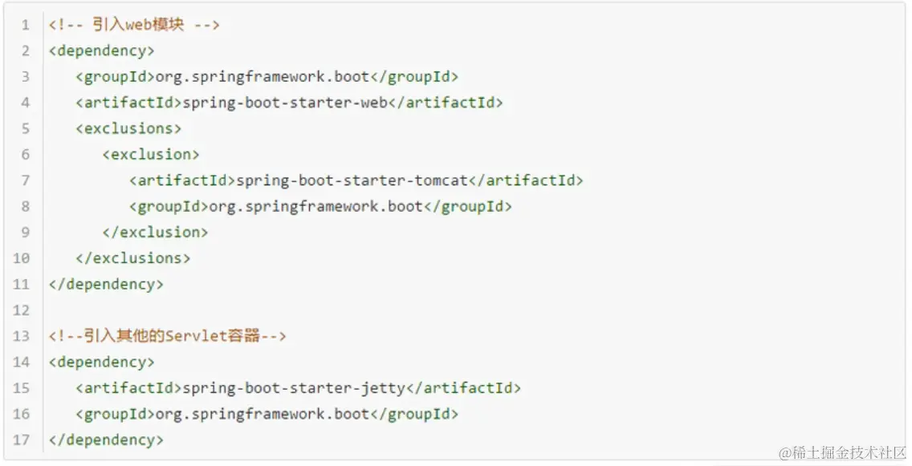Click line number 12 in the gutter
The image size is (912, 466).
coord(22,310)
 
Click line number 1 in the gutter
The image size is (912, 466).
coord(26,25)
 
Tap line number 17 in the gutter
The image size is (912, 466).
coord(22,440)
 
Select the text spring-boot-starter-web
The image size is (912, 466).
coord(285,103)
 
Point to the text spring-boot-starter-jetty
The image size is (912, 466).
coord(294,388)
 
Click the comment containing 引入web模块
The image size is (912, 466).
coord(134,25)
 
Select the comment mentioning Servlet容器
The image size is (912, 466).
coord(167,336)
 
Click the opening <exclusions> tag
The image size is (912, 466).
coord(128,128)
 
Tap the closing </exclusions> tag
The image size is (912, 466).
coord(133,258)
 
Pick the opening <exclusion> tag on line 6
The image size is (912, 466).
coord(151,154)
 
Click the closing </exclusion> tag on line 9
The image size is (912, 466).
coord(155,233)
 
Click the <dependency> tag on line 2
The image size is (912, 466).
coord(101,51)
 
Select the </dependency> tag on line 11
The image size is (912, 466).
coord(106,284)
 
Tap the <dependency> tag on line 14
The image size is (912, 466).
coord(101,362)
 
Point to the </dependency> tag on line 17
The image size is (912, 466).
coord(106,440)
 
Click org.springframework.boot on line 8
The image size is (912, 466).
coord(316,206)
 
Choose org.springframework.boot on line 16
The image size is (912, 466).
coord(262,414)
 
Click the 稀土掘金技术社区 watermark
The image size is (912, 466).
coord(842,453)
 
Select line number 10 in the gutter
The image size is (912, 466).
coord(22,258)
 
